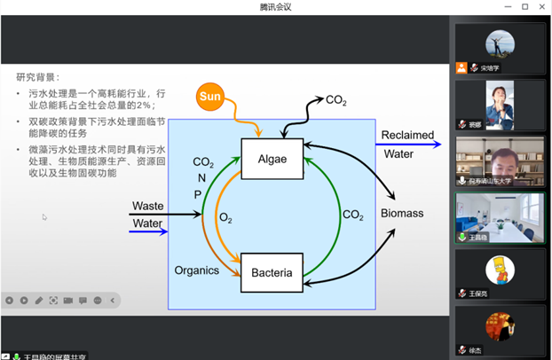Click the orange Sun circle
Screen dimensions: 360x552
[210, 95]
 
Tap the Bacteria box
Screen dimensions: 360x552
[272, 272]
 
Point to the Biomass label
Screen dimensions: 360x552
[402, 214]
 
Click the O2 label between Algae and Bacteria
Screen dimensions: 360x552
[225, 217]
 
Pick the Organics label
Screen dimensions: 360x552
[196, 270]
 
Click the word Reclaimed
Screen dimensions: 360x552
[407, 136]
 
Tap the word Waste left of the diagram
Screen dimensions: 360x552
[147, 206]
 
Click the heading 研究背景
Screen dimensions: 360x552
[38, 76]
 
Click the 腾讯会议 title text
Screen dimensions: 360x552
[275, 7]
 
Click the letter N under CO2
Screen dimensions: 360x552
[201, 178]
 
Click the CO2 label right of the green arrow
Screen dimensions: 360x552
[353, 215]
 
